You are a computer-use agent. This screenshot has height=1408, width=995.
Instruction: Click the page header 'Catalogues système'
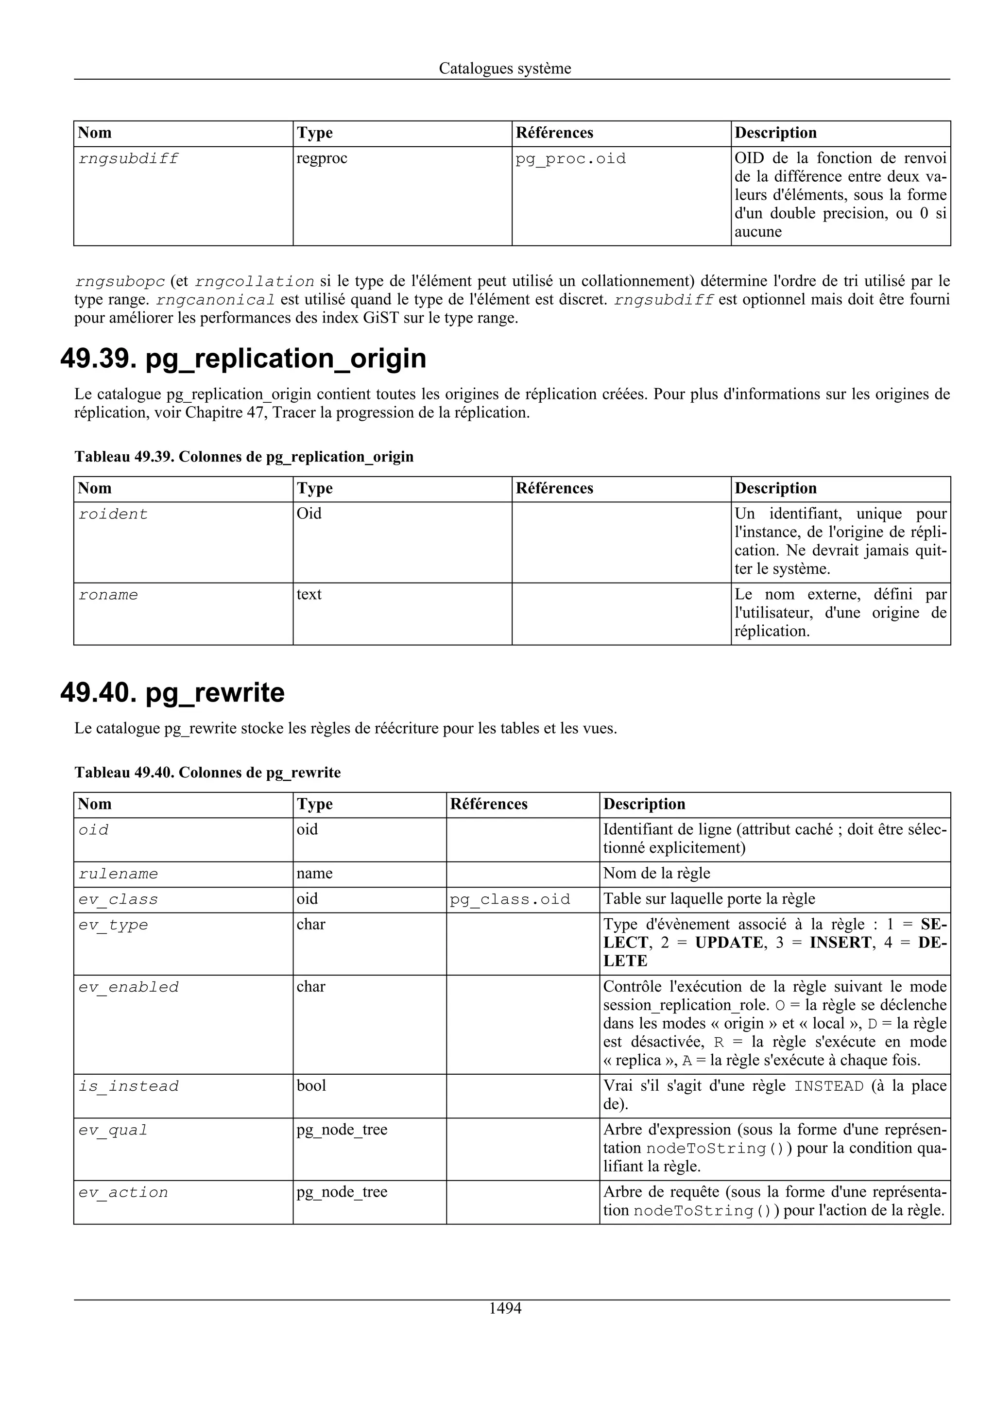coord(505,68)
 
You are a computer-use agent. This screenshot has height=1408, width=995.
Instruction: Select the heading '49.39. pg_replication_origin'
coord(243,358)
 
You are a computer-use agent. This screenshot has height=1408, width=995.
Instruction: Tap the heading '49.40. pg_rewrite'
coord(172,692)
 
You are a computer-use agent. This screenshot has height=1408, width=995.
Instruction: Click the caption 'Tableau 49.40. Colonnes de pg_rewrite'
coord(207,772)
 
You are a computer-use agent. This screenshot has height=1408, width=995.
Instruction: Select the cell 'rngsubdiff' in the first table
coord(128,159)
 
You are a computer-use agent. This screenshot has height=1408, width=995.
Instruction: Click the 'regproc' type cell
coord(322,158)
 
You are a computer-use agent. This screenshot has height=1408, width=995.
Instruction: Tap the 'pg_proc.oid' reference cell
coord(570,159)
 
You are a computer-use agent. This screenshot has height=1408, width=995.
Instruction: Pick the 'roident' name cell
coord(113,515)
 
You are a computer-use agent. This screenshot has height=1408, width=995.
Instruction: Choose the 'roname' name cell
coord(108,595)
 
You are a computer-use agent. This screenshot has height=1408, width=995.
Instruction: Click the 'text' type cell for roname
coord(309,594)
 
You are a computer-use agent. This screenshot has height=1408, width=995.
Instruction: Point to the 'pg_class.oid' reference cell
coord(510,900)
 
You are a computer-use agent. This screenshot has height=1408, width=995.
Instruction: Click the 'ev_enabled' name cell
coord(128,987)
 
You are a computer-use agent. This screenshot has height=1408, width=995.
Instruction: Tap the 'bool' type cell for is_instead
coord(311,1086)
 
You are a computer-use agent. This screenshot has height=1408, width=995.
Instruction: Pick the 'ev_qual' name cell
coord(113,1130)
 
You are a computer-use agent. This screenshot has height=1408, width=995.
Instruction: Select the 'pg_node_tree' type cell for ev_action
coord(342,1192)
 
